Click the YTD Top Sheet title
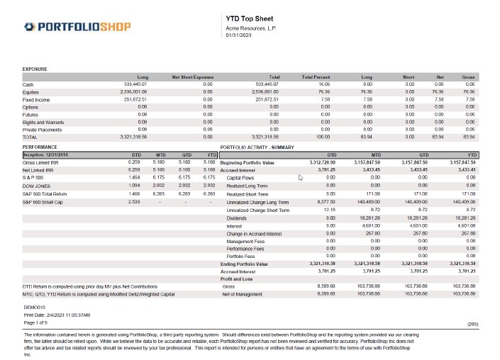point(245,18)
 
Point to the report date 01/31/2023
point(239,34)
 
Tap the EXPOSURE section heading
point(35,69)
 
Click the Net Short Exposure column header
point(192,77)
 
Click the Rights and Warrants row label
point(43,121)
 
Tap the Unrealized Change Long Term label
point(258,202)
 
